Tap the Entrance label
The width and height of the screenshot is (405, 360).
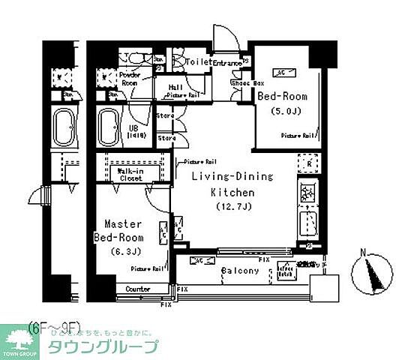click(227, 64)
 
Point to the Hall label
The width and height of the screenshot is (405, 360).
click(175, 87)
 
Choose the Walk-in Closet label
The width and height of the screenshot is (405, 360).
click(130, 175)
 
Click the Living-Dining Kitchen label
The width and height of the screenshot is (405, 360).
click(232, 184)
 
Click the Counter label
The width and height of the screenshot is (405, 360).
click(137, 289)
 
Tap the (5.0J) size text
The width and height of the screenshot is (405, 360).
click(286, 112)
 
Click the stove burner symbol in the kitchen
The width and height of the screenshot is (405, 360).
click(308, 193)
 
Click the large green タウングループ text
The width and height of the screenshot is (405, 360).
click(103, 346)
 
